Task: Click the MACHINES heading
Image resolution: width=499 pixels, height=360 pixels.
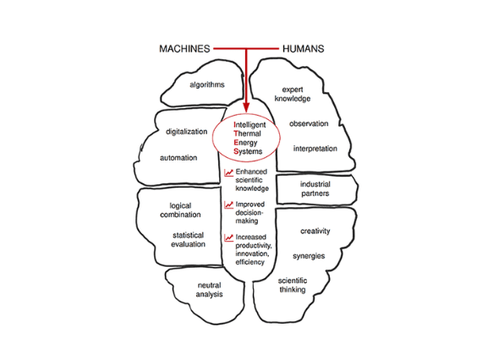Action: pyautogui.click(x=184, y=49)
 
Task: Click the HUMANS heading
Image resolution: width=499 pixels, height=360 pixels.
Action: pyautogui.click(x=304, y=49)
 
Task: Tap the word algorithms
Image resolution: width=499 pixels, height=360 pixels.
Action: pyautogui.click(x=207, y=85)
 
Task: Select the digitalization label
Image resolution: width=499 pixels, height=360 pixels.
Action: pyautogui.click(x=186, y=132)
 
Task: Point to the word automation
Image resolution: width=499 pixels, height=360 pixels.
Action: pyautogui.click(x=178, y=158)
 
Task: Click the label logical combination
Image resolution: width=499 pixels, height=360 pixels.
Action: pyautogui.click(x=180, y=210)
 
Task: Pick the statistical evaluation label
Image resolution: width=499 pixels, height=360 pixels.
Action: pyautogui.click(x=188, y=240)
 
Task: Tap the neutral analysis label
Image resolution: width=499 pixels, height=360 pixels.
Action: pyautogui.click(x=209, y=290)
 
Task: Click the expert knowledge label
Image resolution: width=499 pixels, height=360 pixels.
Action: pyautogui.click(x=293, y=94)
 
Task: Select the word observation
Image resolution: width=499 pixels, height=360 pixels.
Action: pyautogui.click(x=309, y=123)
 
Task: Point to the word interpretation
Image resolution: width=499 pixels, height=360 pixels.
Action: pyautogui.click(x=315, y=149)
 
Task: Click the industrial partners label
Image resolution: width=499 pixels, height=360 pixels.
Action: pyautogui.click(x=315, y=188)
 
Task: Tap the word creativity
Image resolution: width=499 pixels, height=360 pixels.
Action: pyautogui.click(x=315, y=232)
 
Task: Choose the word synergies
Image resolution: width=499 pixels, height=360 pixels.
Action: pyautogui.click(x=309, y=256)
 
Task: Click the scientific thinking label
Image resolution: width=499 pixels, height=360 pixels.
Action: pyautogui.click(x=293, y=285)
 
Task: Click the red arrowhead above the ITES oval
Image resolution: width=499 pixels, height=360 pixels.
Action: pyautogui.click(x=246, y=107)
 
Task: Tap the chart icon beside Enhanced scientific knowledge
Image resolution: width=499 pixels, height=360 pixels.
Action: pyautogui.click(x=229, y=172)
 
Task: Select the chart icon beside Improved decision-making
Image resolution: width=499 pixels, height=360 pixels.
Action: pyautogui.click(x=229, y=205)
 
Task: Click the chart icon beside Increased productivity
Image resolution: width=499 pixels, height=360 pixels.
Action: pyautogui.click(x=229, y=237)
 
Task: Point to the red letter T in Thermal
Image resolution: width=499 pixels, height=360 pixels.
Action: pyautogui.click(x=236, y=134)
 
